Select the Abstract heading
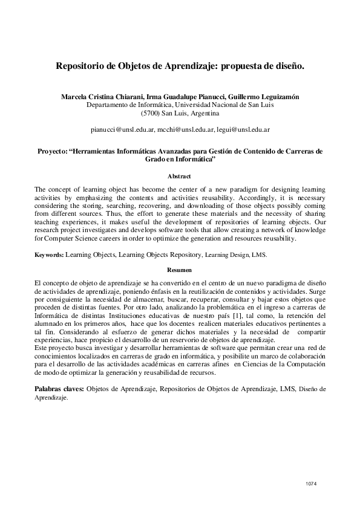click(x=180, y=177)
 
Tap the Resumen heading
click(x=180, y=270)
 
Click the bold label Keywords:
click(x=49, y=255)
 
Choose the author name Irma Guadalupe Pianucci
click(x=188, y=97)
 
